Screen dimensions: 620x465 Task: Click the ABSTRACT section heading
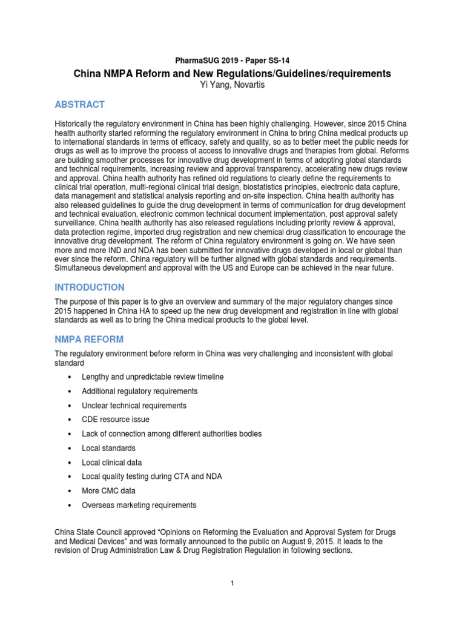tap(79, 104)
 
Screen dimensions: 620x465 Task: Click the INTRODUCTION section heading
tap(90, 287)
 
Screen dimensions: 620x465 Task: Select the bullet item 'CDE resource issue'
tap(115, 420)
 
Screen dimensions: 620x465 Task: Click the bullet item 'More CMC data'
tap(109, 490)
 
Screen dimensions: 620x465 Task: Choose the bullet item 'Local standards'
tap(108, 448)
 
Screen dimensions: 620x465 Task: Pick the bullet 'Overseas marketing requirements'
tap(139, 505)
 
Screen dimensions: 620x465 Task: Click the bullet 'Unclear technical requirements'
tap(134, 406)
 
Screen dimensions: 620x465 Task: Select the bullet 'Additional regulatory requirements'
tap(139, 391)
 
